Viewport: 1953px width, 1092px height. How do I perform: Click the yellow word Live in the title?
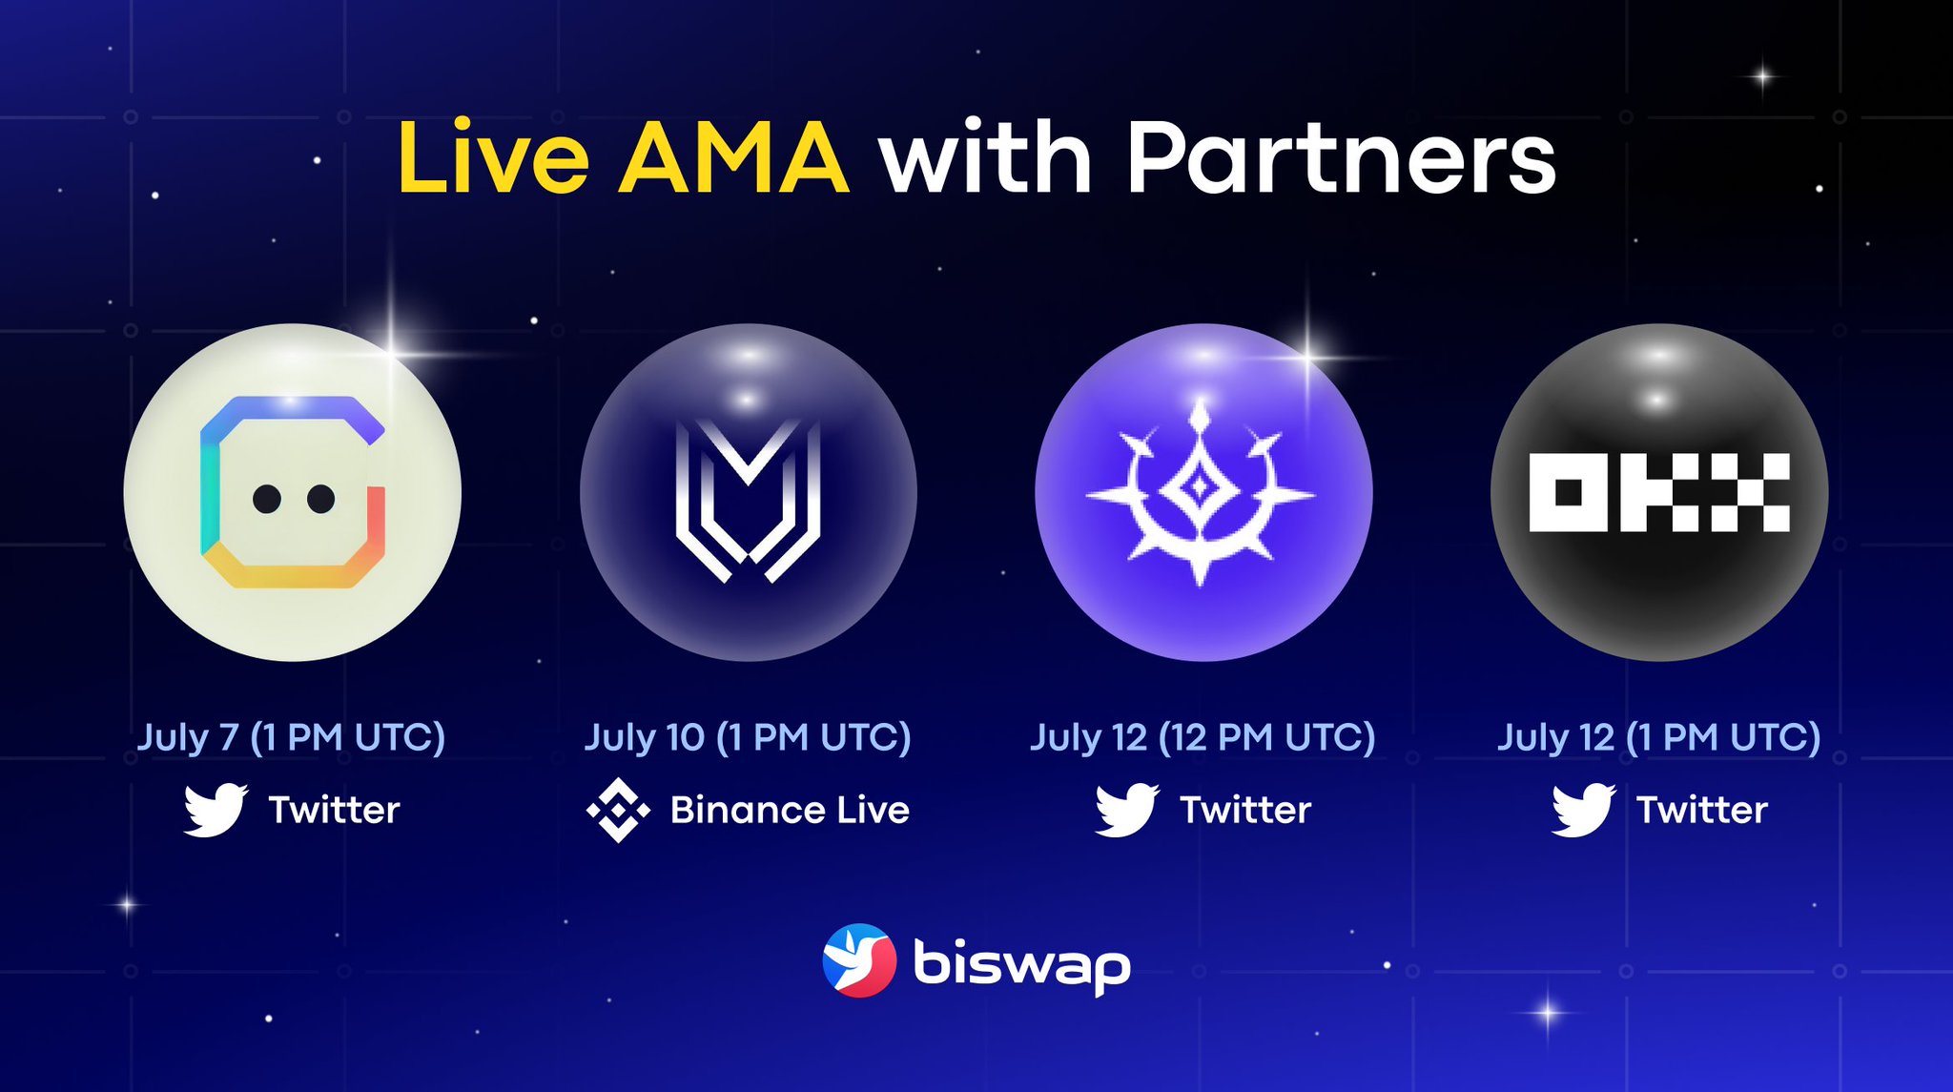coord(493,157)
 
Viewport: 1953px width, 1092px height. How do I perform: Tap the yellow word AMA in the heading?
coord(733,159)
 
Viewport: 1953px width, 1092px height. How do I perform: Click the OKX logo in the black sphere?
coord(1658,492)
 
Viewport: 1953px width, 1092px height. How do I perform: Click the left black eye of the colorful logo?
coord(267,498)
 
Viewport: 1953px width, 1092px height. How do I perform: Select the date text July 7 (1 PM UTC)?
coord(291,737)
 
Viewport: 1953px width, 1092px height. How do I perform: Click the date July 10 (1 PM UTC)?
coord(748,737)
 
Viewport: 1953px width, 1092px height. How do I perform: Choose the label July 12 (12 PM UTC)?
coord(1203,737)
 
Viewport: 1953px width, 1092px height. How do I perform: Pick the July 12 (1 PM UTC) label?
coord(1658,737)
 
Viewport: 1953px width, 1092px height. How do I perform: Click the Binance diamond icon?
coord(618,811)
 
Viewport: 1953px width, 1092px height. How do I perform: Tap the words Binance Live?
coord(790,811)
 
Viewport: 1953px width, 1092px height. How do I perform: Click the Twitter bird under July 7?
coord(216,811)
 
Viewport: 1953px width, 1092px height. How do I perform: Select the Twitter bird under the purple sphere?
coord(1127,811)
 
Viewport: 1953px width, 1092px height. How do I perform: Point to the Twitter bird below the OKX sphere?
coord(1583,811)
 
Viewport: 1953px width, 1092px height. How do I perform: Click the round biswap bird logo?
coord(859,960)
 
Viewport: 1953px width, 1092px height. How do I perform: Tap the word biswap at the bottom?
coord(1021,965)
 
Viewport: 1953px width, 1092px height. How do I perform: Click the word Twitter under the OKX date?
coord(1702,811)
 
